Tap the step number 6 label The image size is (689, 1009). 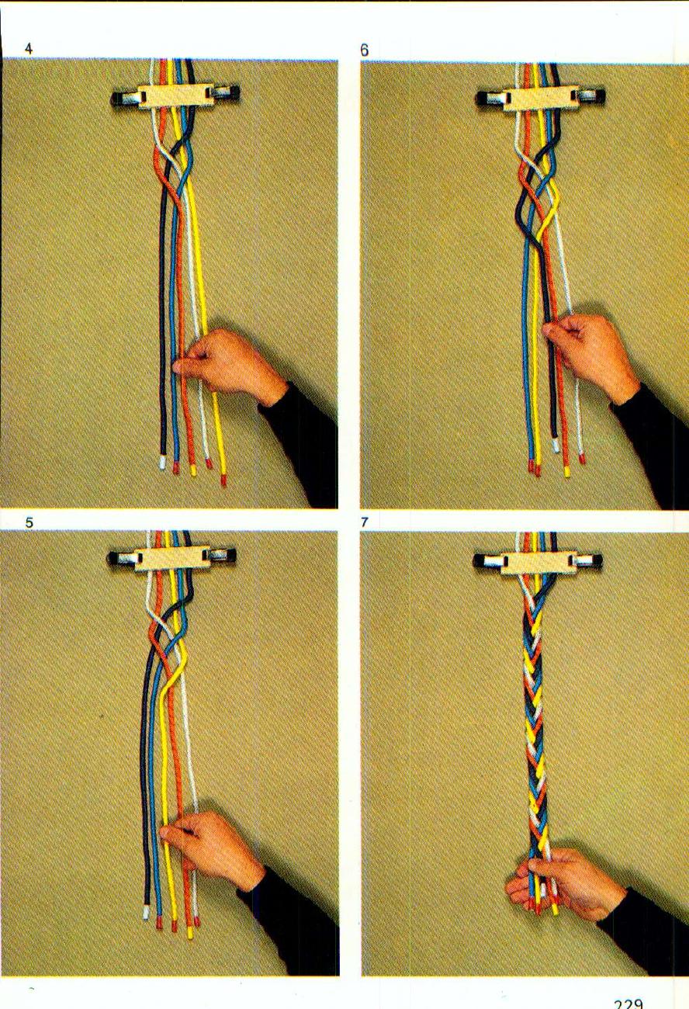[365, 50]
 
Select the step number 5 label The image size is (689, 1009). [29, 522]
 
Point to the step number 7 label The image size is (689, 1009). [365, 522]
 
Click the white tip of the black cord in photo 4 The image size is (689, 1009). [161, 463]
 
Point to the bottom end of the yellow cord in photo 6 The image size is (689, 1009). [567, 470]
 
